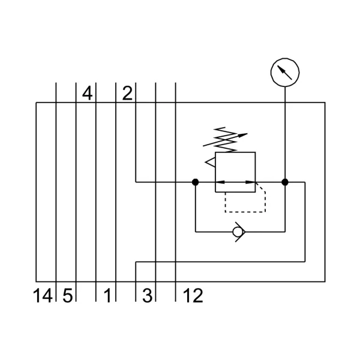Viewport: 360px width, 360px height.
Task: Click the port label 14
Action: [x=43, y=295]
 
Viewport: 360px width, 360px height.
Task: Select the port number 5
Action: [x=68, y=295]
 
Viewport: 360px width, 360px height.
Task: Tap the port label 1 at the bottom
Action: [x=107, y=295]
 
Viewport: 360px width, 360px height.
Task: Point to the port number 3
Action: [x=147, y=295]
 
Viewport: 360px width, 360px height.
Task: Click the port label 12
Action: [x=193, y=295]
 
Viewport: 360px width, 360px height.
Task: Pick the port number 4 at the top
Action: [x=87, y=94]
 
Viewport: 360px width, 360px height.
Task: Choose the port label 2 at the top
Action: [x=127, y=94]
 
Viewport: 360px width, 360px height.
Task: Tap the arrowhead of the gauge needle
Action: [x=281, y=68]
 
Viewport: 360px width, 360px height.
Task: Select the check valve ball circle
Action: [x=238, y=232]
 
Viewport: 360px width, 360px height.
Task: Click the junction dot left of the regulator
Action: [x=196, y=182]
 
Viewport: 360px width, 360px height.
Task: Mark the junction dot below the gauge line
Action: [x=285, y=182]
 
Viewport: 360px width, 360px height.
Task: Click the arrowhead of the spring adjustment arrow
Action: [x=242, y=135]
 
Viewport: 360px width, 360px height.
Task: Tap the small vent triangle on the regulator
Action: [x=210, y=162]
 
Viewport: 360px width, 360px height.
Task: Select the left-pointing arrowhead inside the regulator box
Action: [x=220, y=182]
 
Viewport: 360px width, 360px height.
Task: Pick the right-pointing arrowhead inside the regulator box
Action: [x=250, y=182]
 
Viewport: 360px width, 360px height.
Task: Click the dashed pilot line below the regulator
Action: [x=245, y=212]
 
